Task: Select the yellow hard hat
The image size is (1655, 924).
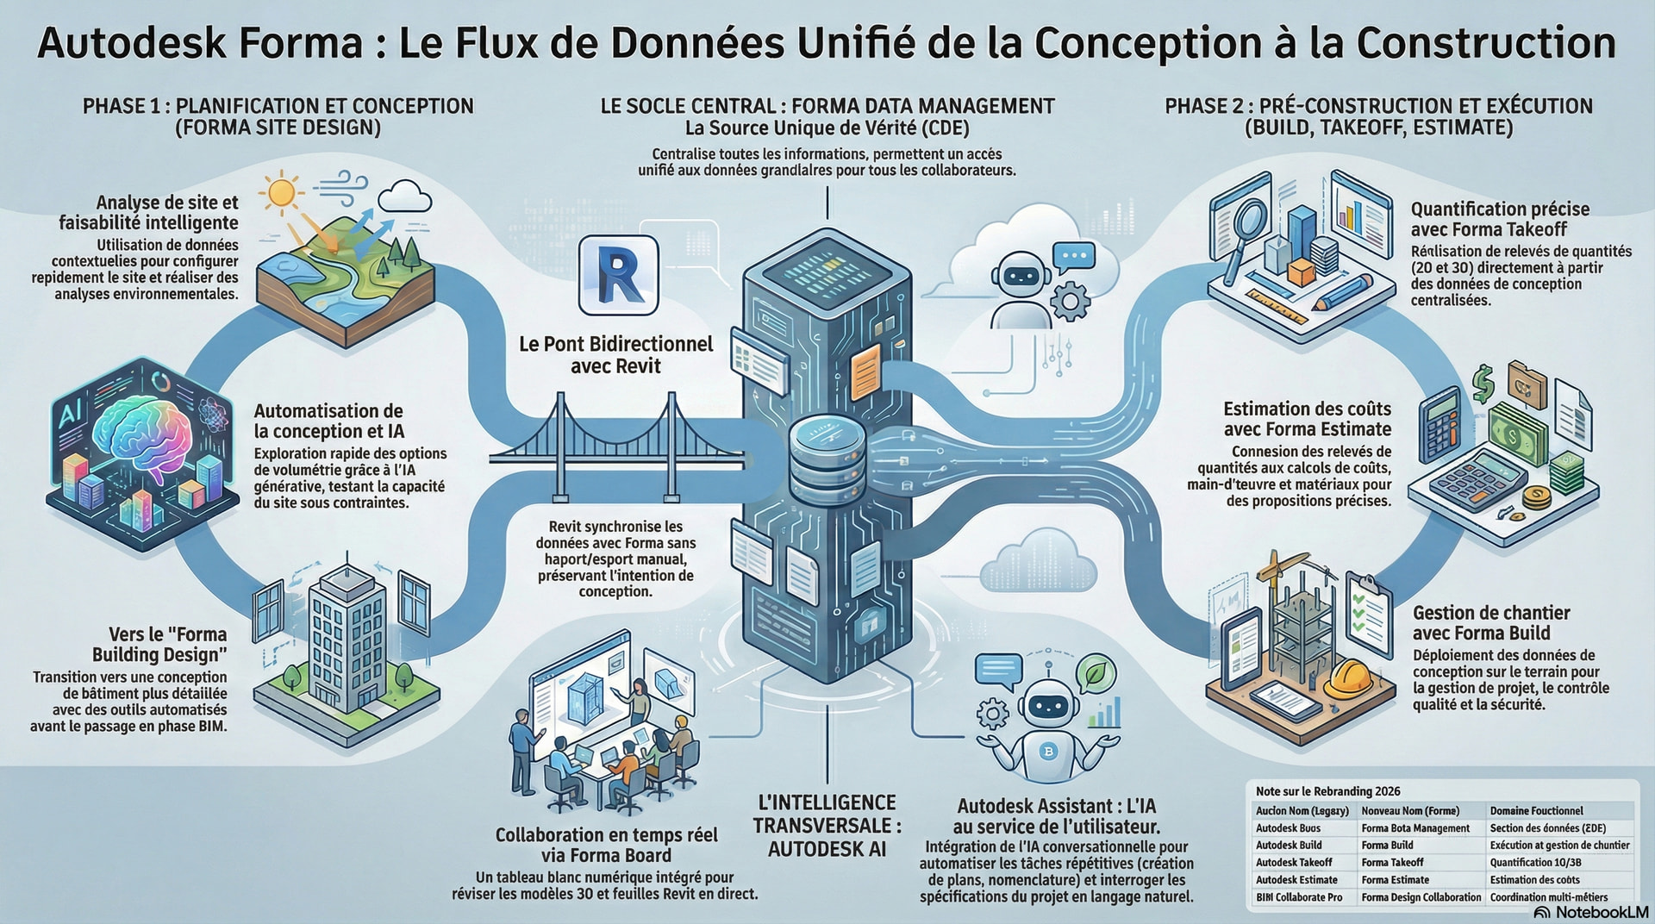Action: pos(1346,678)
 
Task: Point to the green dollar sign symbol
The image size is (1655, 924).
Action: pos(1483,383)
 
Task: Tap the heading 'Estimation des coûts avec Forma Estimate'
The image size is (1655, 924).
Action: pos(1307,419)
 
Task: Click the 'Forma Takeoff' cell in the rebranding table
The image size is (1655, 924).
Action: pos(1392,862)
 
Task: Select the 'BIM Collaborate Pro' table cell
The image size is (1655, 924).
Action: pos(1299,897)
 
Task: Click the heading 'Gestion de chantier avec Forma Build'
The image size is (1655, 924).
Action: pos(1490,623)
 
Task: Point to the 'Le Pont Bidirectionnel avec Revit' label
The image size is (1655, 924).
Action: pos(615,355)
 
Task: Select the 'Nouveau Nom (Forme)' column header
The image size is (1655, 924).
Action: pos(1410,811)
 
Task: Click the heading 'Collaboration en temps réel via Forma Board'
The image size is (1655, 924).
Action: pos(606,845)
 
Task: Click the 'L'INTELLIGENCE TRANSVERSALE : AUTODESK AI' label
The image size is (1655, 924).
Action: pos(827,826)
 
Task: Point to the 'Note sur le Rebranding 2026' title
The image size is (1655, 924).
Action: pos(1327,791)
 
